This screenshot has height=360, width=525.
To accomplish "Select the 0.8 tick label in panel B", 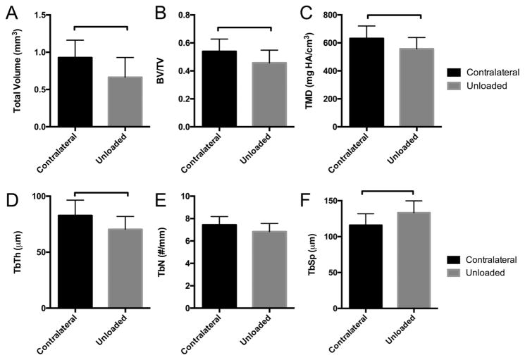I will tap(185, 15).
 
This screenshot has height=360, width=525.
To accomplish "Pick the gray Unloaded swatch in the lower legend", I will tap(458, 272).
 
